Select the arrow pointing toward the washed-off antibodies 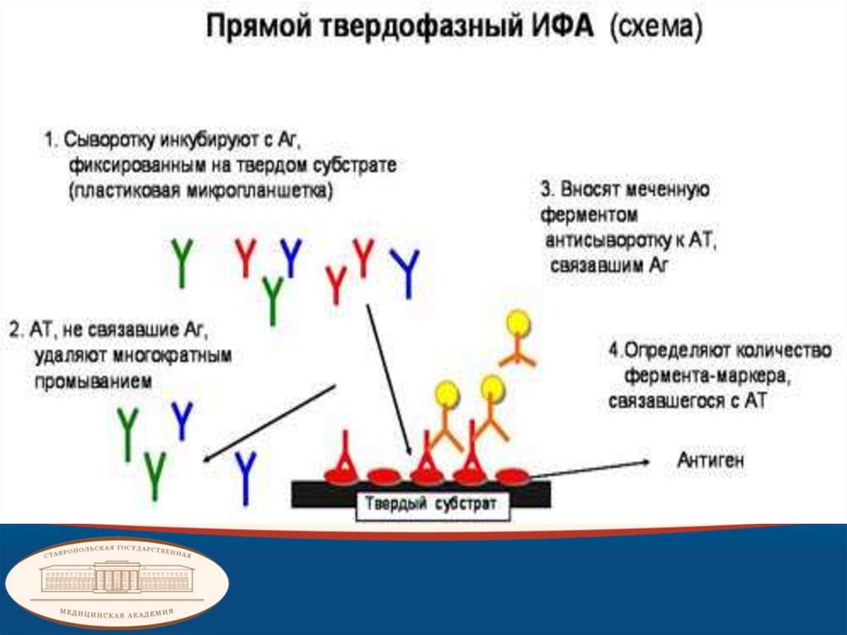pyautogui.click(x=269, y=421)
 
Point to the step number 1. pyautogui.click(x=50, y=140)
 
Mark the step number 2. pyautogui.click(x=15, y=330)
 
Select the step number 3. pyautogui.click(x=546, y=189)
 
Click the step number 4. pyautogui.click(x=614, y=350)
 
